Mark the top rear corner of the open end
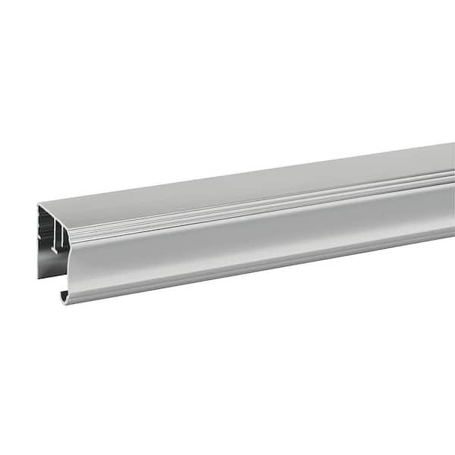(39, 205)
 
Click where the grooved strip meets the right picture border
(452, 177)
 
